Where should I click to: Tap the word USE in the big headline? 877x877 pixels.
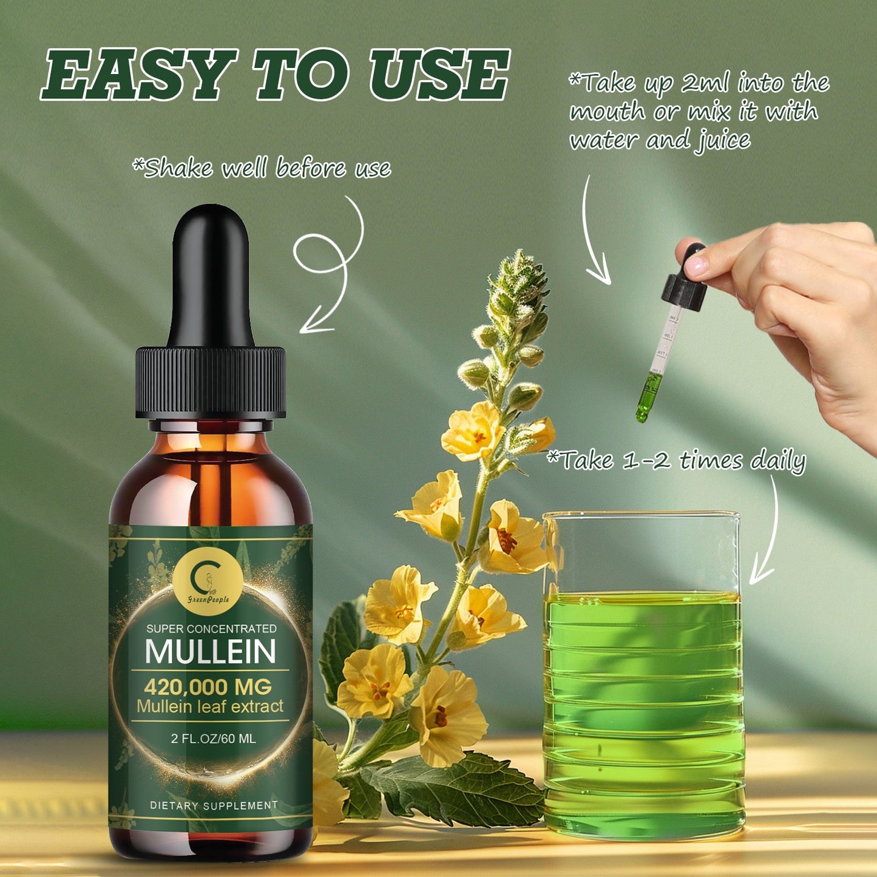click(x=439, y=75)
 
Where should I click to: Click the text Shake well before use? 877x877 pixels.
click(x=262, y=168)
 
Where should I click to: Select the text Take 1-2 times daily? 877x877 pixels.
click(x=676, y=461)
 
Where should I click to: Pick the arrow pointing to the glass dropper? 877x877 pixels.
click(x=594, y=231)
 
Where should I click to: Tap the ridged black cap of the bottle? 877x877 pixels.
click(x=210, y=382)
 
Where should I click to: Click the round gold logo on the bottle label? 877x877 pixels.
click(x=208, y=580)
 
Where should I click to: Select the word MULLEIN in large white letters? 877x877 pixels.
click(x=211, y=651)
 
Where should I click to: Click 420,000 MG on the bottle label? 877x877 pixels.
click(x=208, y=687)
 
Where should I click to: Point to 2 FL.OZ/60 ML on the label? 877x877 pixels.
click(x=213, y=739)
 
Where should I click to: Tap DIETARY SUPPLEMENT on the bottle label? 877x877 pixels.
click(x=214, y=805)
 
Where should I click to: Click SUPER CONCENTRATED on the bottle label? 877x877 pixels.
click(x=211, y=629)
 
